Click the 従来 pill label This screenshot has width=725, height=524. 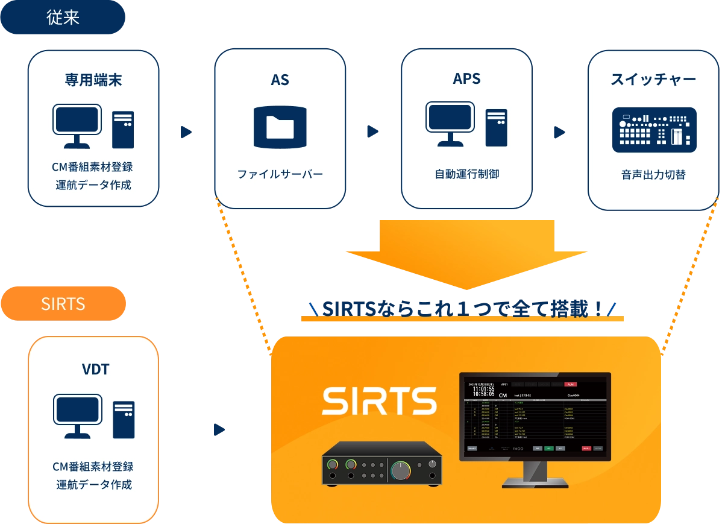(63, 17)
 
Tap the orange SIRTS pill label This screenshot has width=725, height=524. (63, 303)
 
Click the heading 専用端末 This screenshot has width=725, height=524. (93, 80)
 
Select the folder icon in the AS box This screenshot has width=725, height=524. (280, 127)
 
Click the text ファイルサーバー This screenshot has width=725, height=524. (280, 174)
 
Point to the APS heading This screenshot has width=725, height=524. (466, 79)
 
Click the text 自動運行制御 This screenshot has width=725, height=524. (466, 174)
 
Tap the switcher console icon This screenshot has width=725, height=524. (654, 130)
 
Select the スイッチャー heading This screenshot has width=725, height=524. (653, 80)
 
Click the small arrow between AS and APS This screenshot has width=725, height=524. (374, 131)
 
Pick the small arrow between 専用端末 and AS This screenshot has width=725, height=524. (186, 131)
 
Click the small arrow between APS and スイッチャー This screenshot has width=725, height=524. (560, 131)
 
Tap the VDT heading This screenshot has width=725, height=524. (95, 368)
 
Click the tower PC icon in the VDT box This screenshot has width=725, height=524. (124, 419)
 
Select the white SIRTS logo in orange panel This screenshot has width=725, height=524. (379, 401)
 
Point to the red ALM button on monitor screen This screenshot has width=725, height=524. (570, 384)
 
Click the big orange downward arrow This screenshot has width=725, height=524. (465, 253)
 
